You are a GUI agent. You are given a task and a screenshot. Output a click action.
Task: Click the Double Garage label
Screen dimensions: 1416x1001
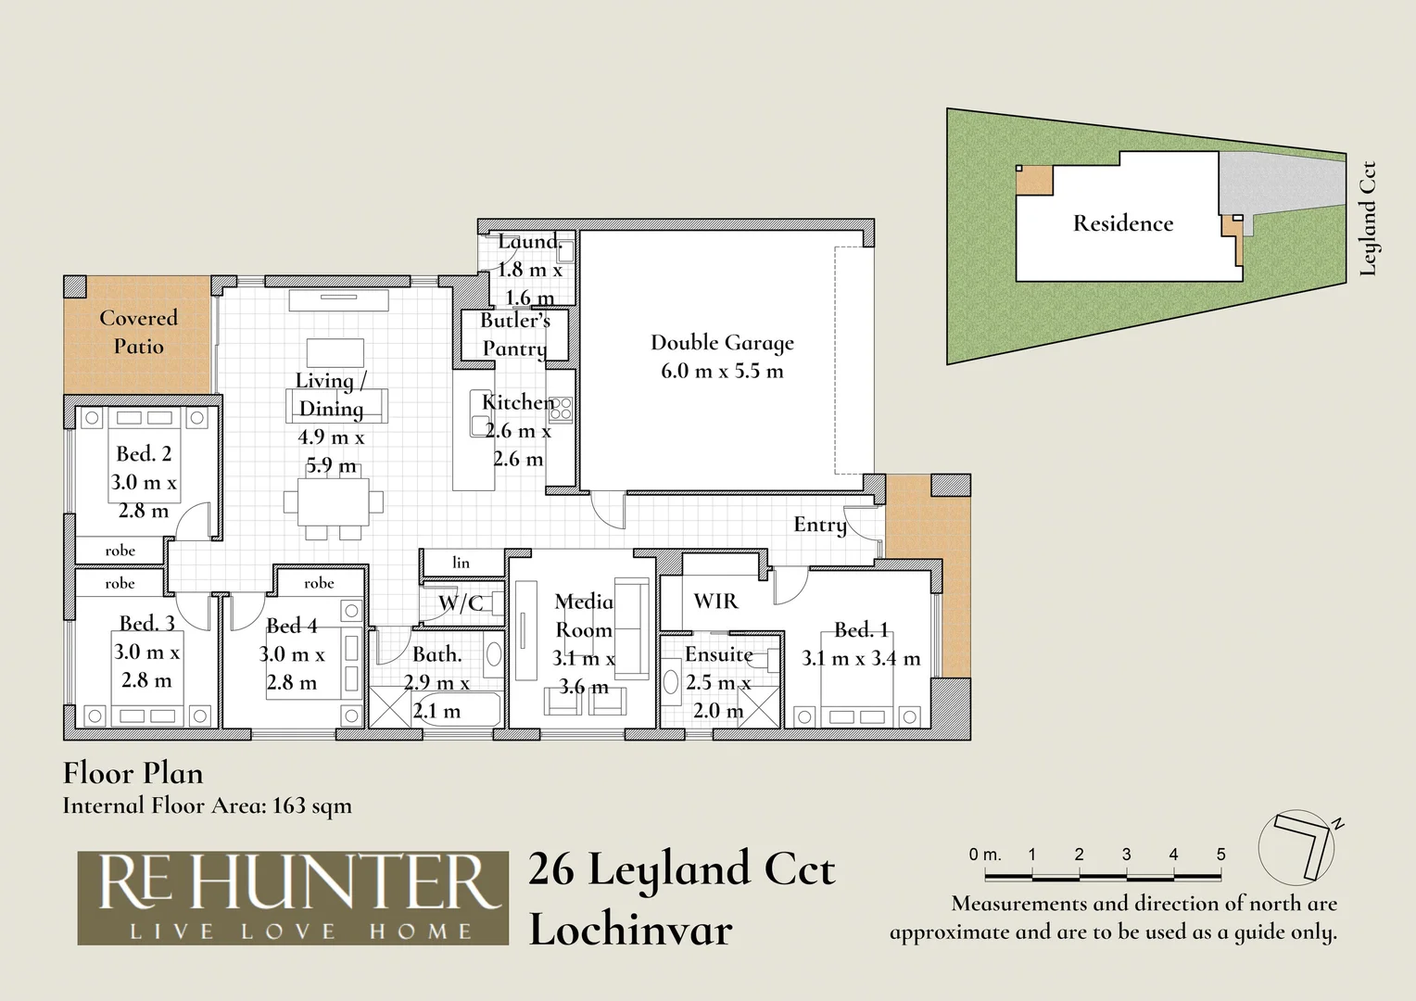722,342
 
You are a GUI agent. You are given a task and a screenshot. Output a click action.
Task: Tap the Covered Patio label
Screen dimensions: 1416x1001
138,331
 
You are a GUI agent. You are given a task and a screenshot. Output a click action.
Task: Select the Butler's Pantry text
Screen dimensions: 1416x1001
514,334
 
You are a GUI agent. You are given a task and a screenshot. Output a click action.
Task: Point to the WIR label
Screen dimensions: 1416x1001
715,600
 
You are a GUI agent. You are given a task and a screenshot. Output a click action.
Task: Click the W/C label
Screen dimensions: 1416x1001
461,602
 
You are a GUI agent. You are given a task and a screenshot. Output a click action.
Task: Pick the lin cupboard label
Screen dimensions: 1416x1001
461,563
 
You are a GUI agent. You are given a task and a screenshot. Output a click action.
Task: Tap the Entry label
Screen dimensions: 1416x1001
820,525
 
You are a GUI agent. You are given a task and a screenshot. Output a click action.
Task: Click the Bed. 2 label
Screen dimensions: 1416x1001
144,453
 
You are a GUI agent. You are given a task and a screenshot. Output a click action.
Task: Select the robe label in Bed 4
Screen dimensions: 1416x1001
319,582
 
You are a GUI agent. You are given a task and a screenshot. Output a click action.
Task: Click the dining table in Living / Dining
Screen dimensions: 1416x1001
333,502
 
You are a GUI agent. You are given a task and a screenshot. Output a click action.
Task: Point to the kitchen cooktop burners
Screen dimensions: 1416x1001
560,409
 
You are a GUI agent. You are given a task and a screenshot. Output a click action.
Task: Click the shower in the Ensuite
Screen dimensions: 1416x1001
759,705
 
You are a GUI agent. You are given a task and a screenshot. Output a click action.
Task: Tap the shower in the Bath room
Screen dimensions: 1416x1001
390,707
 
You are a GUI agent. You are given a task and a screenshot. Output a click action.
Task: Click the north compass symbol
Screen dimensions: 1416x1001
1297,847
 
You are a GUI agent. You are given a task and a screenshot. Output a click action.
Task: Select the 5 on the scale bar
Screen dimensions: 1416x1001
1220,855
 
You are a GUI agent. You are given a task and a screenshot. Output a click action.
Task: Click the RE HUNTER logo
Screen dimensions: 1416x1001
293,898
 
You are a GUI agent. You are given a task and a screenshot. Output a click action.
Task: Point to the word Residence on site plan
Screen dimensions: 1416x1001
1122,223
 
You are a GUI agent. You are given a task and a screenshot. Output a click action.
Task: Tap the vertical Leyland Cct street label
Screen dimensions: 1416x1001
1368,219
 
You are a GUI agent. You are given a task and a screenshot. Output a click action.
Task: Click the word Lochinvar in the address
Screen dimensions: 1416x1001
630,930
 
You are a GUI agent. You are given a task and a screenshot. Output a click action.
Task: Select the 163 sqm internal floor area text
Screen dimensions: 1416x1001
312,805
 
